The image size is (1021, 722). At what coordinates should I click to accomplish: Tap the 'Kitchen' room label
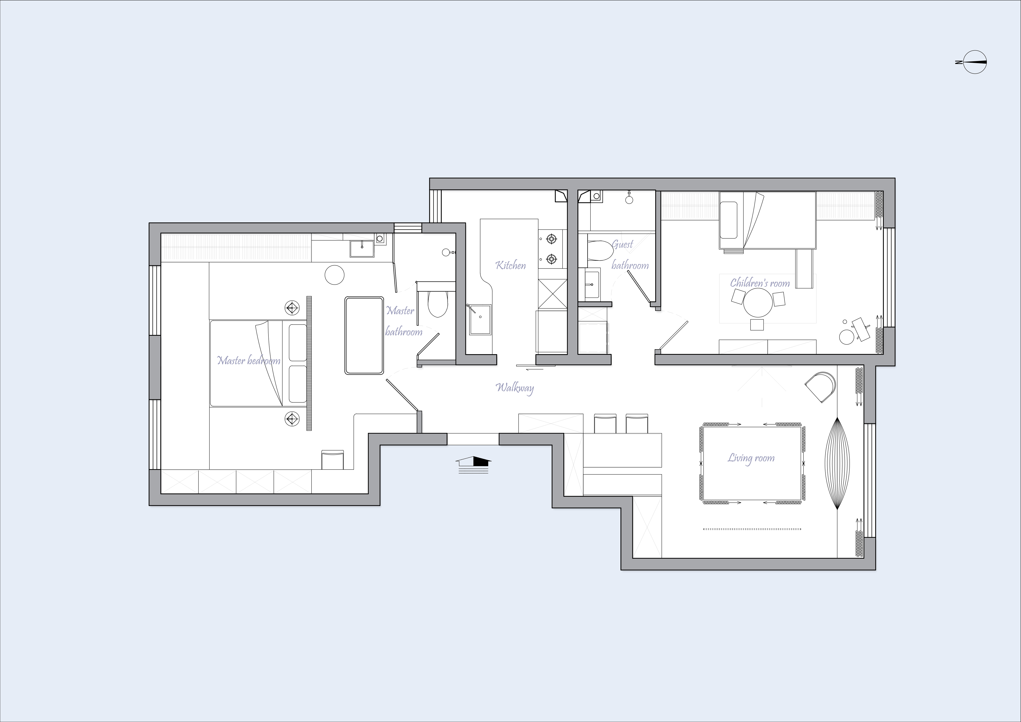click(x=510, y=266)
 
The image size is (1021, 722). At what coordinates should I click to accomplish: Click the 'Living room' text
click(x=751, y=458)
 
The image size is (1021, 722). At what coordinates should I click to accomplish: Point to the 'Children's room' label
click(x=760, y=283)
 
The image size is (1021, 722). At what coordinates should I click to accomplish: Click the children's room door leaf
click(x=674, y=336)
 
